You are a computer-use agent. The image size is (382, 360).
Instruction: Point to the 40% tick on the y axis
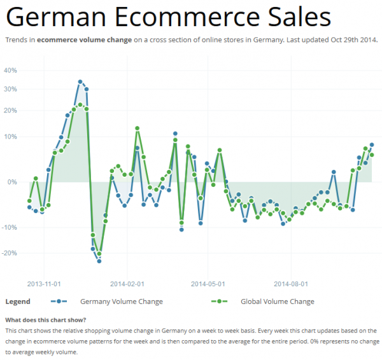click(10, 70)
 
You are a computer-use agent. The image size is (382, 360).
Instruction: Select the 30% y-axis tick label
click(10, 89)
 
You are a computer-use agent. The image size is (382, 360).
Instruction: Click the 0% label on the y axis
click(12, 182)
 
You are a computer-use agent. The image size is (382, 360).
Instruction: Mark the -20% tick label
click(9, 253)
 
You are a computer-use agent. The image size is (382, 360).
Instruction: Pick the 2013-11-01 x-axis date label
click(44, 284)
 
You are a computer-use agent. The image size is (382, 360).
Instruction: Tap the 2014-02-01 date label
click(127, 284)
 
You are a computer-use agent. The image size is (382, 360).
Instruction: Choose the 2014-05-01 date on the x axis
click(209, 284)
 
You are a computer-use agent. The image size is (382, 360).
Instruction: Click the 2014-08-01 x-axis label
click(291, 284)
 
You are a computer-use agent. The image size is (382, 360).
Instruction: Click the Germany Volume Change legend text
click(121, 301)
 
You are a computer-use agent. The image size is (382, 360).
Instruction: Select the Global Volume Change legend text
click(277, 301)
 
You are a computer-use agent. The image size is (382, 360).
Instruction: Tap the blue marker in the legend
click(59, 301)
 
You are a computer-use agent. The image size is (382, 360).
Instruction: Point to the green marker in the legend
click(220, 301)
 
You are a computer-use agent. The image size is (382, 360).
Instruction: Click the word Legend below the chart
click(17, 301)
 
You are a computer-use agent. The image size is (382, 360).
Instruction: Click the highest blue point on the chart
click(80, 82)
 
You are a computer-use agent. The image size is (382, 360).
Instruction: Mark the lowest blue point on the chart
click(99, 261)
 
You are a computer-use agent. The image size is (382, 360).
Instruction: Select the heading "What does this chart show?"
click(45, 319)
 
